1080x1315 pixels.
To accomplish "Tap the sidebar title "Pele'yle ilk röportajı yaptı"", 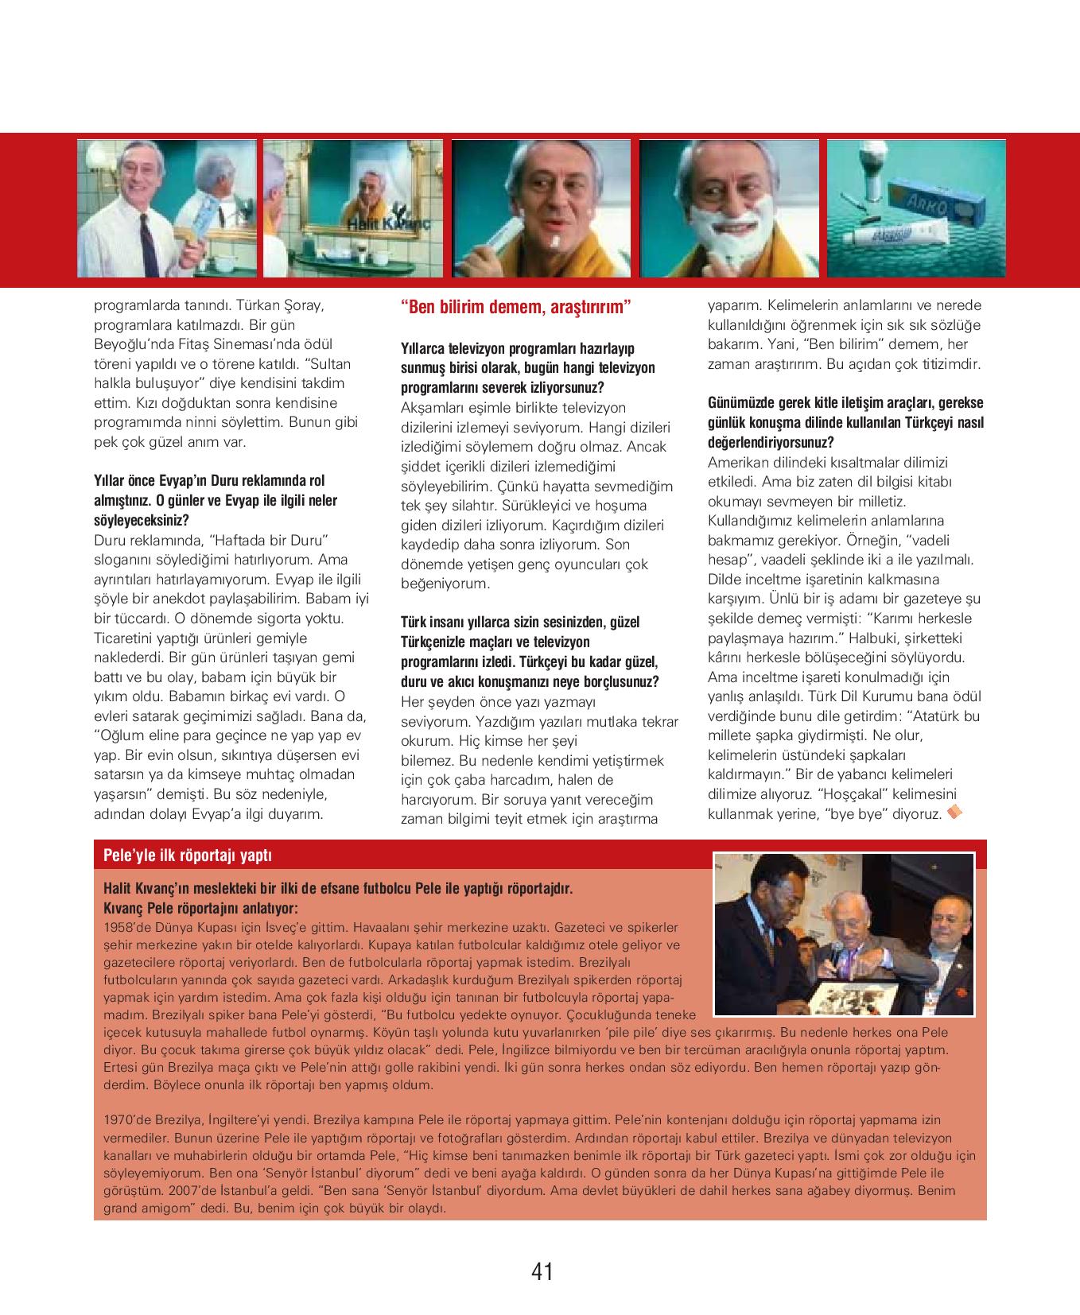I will click(x=188, y=855).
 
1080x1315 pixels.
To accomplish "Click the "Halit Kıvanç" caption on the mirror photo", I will click(x=387, y=226).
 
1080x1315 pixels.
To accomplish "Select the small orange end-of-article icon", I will click(x=955, y=812).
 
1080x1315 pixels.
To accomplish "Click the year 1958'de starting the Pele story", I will click(x=126, y=927).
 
